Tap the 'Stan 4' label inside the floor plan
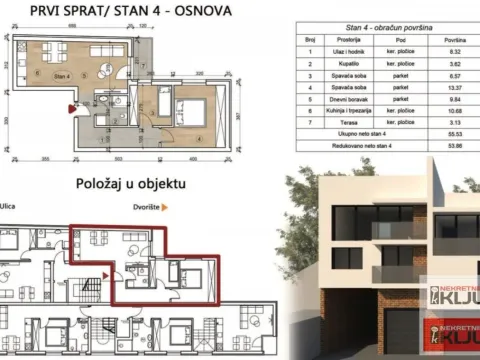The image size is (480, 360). [x=62, y=75]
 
